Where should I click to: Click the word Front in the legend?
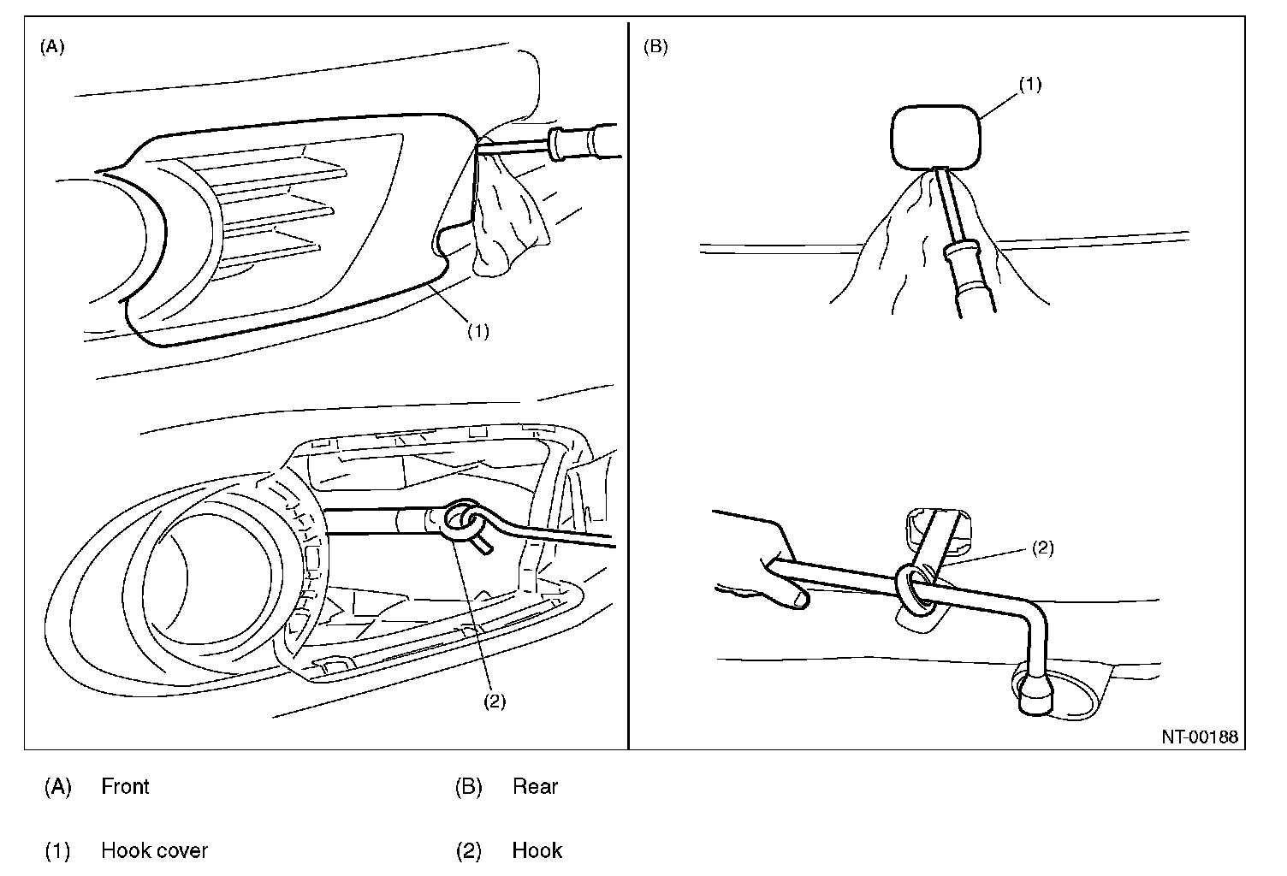(125, 786)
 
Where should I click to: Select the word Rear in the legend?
(535, 786)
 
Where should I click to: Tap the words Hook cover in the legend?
(154, 850)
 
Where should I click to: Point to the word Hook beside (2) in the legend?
(537, 850)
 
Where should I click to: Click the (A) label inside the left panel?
(52, 48)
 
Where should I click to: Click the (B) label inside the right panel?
(655, 48)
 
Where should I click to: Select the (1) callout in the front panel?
(477, 331)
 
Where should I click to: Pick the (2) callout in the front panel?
(495, 701)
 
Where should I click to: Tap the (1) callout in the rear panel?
(1030, 84)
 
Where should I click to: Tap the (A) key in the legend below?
(57, 786)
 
